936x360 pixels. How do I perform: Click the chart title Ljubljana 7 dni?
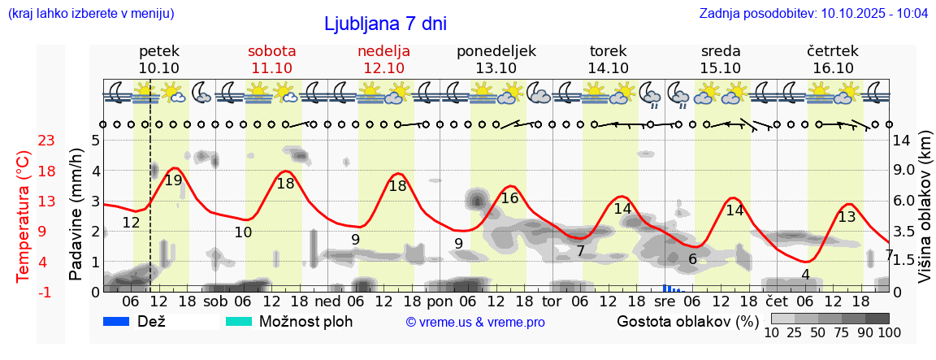[x=385, y=24]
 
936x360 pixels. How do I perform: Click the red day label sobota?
[x=271, y=50]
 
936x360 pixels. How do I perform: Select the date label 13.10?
[x=496, y=68]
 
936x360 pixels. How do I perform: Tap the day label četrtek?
[x=832, y=50]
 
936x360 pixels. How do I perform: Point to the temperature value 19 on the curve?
[x=173, y=180]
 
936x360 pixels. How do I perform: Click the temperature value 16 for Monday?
[x=509, y=198]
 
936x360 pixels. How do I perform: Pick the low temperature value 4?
[x=805, y=275]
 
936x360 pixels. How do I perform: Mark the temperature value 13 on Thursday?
[x=847, y=217]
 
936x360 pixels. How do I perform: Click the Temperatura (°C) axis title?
[x=24, y=215]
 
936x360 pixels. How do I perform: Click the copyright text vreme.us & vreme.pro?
[x=475, y=323]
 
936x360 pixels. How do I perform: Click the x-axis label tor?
[x=552, y=301]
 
